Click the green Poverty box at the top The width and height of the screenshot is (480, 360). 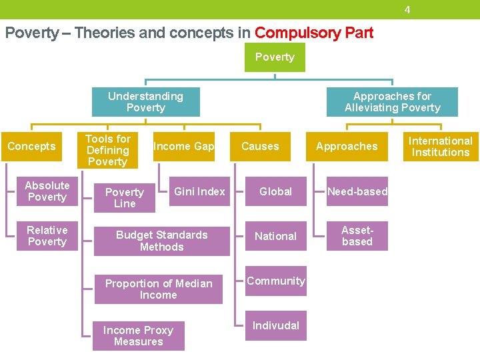pyautogui.click(x=275, y=57)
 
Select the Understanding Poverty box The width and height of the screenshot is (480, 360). pyautogui.click(x=145, y=102)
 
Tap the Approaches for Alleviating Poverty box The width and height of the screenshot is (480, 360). pyautogui.click(x=392, y=102)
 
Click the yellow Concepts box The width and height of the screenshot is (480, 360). pyautogui.click(x=31, y=147)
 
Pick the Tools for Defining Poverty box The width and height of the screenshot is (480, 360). pyautogui.click(x=107, y=150)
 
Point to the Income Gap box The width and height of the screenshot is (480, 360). pyautogui.click(x=183, y=147)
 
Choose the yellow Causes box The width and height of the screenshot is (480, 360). pyautogui.click(x=260, y=147)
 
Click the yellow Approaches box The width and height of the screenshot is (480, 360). pyautogui.click(x=347, y=147)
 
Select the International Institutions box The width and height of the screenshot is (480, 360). pyautogui.click(x=440, y=147)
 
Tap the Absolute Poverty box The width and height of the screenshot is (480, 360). pyautogui.click(x=47, y=191)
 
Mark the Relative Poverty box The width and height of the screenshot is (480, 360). pyautogui.click(x=47, y=236)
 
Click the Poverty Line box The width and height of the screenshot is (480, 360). pyautogui.click(x=125, y=197)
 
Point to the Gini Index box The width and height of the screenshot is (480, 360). pyautogui.click(x=199, y=191)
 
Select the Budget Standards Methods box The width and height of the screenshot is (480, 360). pyautogui.click(x=161, y=241)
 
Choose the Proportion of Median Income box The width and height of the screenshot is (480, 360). pyautogui.click(x=158, y=289)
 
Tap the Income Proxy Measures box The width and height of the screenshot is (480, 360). pyautogui.click(x=138, y=336)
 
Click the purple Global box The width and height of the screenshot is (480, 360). pyautogui.click(x=275, y=191)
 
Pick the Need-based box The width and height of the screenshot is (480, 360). pyautogui.click(x=357, y=191)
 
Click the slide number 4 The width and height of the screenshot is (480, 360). pyautogui.click(x=407, y=10)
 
